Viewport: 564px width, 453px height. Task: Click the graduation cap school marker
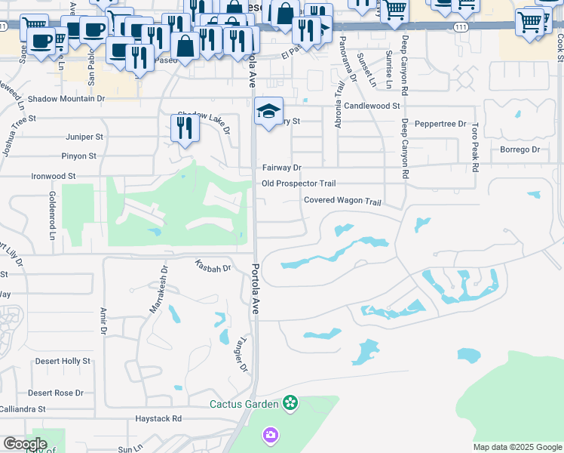point(268,112)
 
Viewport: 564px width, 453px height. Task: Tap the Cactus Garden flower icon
point(290,404)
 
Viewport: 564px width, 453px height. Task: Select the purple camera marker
point(270,435)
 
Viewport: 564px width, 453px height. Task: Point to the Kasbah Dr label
point(212,267)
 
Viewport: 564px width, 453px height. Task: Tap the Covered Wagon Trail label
point(343,201)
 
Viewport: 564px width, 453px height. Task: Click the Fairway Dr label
point(281,168)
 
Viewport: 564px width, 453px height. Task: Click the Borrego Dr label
point(520,149)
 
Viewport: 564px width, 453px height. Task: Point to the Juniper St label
point(84,137)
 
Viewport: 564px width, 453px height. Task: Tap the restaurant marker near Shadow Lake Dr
point(184,128)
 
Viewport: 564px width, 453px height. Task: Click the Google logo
point(25,444)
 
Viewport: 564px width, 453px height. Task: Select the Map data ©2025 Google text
point(517,447)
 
